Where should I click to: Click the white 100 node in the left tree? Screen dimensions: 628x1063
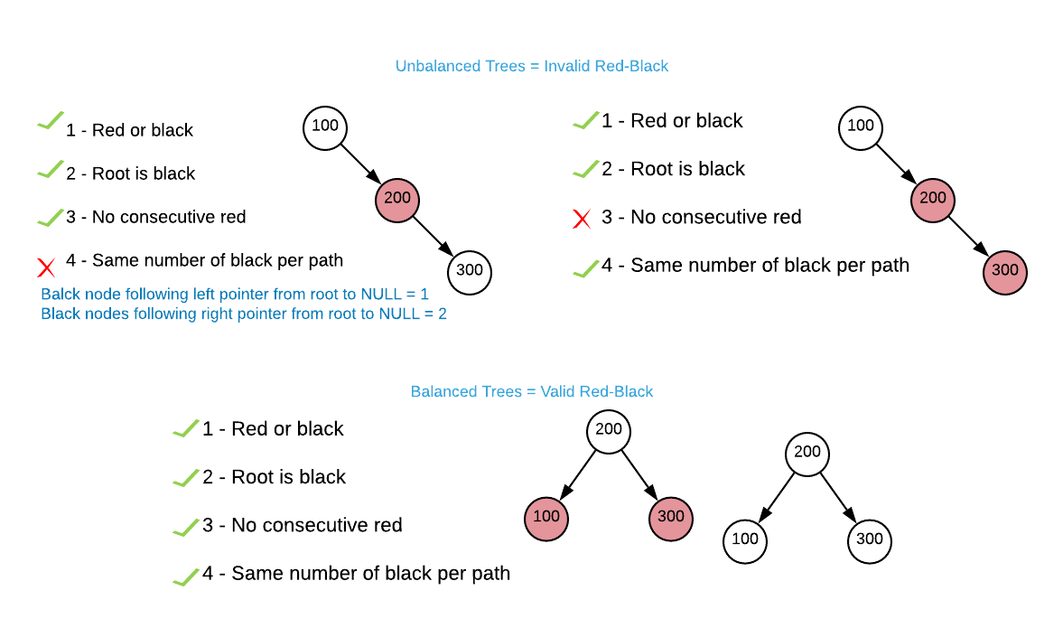[x=325, y=127]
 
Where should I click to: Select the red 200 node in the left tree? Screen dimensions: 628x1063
[x=397, y=200]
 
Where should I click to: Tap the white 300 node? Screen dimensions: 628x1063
[x=470, y=272]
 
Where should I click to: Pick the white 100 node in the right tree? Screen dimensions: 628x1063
[x=861, y=127]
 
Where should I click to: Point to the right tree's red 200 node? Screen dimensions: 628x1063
[x=933, y=200]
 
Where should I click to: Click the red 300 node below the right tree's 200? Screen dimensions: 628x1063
[x=1005, y=272]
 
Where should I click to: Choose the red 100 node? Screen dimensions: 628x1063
[x=546, y=519]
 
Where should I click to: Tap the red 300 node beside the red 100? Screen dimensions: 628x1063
[x=671, y=519]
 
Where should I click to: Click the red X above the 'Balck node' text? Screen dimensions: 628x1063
[x=47, y=267]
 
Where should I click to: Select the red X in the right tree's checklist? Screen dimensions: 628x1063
[x=583, y=219]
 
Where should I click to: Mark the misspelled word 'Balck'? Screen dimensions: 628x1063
[x=61, y=295]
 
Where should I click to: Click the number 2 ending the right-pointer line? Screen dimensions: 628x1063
[x=443, y=314]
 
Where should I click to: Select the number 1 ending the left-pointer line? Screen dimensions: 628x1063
[x=424, y=295]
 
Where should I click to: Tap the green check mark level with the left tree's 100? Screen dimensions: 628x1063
[x=51, y=120]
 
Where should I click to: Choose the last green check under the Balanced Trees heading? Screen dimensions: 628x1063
[x=186, y=576]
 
